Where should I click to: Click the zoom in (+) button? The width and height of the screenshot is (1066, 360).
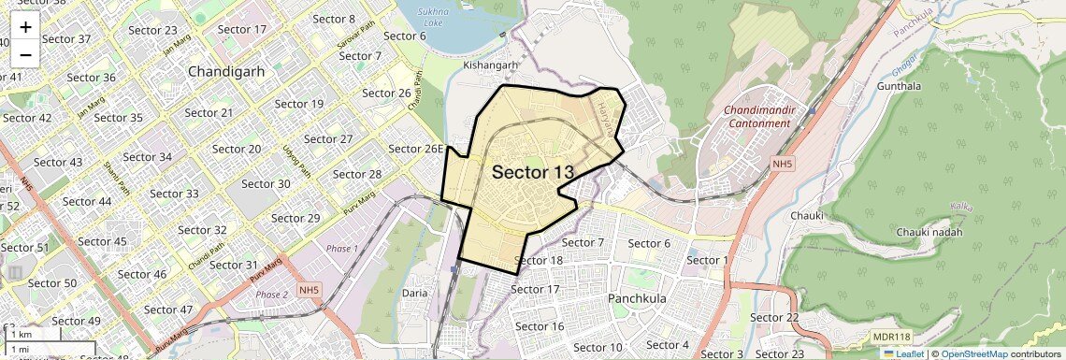25,26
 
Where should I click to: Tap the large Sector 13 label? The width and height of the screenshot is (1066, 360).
532,172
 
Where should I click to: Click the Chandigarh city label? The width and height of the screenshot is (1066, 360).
226,71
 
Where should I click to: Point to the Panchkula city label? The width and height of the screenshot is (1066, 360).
641,298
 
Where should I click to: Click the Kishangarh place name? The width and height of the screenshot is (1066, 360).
490,65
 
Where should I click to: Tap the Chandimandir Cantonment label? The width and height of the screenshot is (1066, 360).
760,117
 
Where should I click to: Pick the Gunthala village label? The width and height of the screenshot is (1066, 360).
899,86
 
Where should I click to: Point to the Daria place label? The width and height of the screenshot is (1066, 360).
414,293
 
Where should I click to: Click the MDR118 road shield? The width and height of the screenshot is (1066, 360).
891,336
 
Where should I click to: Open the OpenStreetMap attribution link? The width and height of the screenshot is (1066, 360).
973,354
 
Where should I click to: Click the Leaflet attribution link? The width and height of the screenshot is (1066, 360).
903,354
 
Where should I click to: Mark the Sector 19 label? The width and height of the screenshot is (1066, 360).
298,104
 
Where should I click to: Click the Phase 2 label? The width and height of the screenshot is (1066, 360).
272,295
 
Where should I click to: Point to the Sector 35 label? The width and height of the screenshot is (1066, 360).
119,118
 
